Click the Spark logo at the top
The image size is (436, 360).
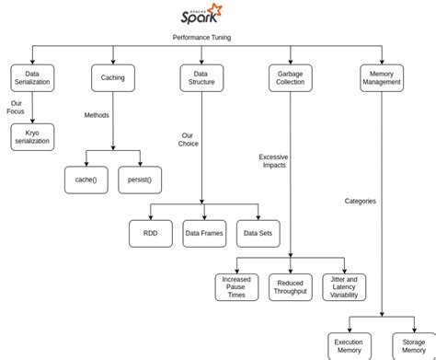click(x=201, y=16)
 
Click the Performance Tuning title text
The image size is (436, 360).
click(x=201, y=38)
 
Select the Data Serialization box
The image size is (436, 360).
click(x=32, y=77)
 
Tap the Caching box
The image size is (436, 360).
click(x=113, y=77)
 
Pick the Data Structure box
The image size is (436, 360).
click(x=201, y=77)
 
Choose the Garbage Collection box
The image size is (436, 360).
click(x=290, y=77)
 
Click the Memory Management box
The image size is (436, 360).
click(x=381, y=77)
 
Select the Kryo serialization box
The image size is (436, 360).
click(x=32, y=137)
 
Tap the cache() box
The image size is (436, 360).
click(x=86, y=180)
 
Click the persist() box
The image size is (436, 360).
click(x=140, y=180)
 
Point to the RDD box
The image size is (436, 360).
click(x=150, y=233)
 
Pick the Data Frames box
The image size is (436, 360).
click(x=203, y=233)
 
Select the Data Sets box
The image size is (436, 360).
click(x=258, y=233)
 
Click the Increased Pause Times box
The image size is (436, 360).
click(x=236, y=286)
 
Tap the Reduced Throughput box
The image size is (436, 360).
click(x=290, y=286)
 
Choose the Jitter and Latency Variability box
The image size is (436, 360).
click(x=344, y=286)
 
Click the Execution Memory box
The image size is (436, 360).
click(x=349, y=345)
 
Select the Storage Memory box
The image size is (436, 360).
click(x=413, y=345)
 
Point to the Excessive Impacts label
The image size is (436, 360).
click(x=272, y=160)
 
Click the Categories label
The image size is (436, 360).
click(x=360, y=201)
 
